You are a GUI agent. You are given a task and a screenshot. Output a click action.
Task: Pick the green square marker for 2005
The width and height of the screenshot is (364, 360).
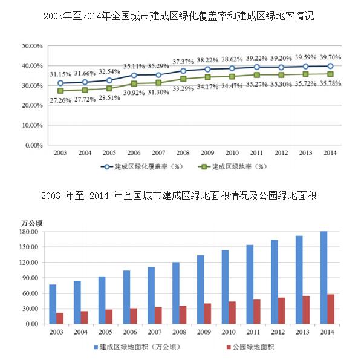point(109,88)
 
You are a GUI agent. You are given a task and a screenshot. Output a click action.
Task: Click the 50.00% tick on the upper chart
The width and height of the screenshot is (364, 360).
point(31,46)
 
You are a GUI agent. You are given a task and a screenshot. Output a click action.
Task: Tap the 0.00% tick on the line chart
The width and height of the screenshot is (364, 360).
point(33,145)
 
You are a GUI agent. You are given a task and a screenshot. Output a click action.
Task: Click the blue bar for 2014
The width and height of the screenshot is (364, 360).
point(324,277)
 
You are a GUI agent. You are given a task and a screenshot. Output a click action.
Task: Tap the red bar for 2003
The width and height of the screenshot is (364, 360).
point(60,318)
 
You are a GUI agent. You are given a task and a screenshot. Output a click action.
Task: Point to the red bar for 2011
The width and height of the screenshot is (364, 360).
point(257,312)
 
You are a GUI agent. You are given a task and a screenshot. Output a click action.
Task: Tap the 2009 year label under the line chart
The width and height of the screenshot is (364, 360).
point(207,153)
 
